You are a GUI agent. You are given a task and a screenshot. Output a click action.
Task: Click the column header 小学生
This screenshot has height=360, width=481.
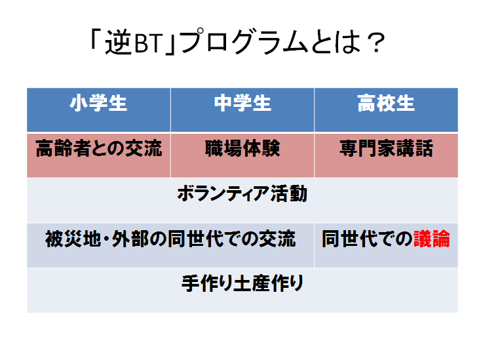98,103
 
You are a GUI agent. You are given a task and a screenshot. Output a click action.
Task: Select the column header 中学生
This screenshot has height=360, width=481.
242,103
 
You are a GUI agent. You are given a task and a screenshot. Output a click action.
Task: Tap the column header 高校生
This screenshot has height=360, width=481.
386,103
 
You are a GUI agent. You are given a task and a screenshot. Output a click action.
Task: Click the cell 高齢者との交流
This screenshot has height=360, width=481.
99,148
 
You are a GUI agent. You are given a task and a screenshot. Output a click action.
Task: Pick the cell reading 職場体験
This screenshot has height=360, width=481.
242,148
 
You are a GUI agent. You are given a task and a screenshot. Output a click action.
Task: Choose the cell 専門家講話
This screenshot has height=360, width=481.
386,148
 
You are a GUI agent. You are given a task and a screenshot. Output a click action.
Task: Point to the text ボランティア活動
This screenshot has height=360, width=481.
242,193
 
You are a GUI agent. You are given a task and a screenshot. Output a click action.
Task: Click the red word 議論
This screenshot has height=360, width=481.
432,239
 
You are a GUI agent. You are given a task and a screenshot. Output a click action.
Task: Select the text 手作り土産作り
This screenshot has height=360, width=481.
242,283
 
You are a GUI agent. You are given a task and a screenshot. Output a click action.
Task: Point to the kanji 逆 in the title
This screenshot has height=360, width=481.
119,43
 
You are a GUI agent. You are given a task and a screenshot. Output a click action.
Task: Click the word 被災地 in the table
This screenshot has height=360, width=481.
73,239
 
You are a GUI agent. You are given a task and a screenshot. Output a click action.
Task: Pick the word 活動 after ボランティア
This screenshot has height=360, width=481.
289,193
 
